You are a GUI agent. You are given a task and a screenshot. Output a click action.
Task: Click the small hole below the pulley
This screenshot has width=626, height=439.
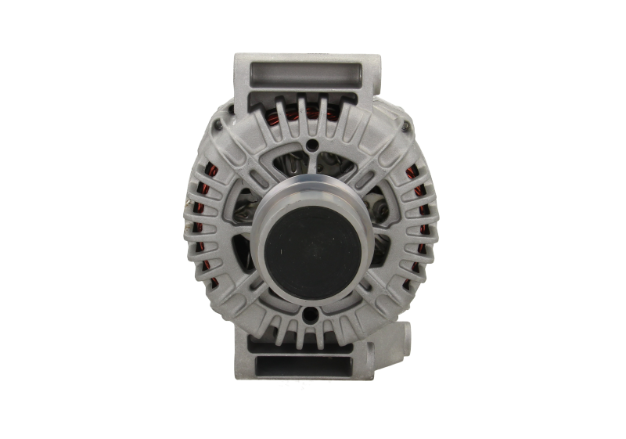click(x=312, y=316)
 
